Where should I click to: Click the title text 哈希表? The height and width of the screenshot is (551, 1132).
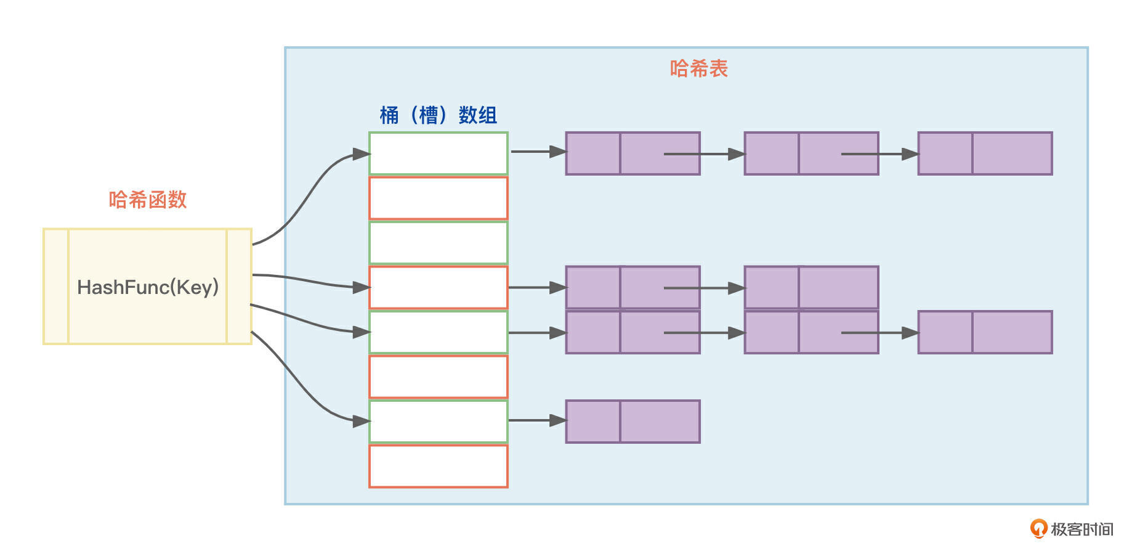[x=698, y=68]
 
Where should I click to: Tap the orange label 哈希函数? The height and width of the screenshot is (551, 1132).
[x=148, y=200]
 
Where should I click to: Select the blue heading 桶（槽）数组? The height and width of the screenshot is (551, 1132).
[x=438, y=115]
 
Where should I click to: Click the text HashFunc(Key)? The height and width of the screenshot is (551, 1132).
[x=148, y=287]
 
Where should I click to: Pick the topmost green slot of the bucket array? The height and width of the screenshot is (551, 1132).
[x=438, y=153]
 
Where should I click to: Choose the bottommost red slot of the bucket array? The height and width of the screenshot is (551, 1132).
[x=438, y=466]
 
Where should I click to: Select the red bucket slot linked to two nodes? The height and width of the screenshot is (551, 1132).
[x=438, y=287]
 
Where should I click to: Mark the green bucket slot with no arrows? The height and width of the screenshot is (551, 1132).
[x=438, y=243]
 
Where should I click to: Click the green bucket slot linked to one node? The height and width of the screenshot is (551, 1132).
[x=438, y=422]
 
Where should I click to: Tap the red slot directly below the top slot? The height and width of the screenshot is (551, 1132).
[x=438, y=198]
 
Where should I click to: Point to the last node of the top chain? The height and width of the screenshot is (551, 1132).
[x=985, y=153]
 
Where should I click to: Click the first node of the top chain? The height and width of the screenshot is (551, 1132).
[x=633, y=153]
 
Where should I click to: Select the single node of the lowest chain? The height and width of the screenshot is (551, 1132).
[x=633, y=422]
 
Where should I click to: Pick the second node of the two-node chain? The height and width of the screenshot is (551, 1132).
[x=811, y=287]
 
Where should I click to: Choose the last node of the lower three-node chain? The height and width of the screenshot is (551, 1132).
[x=985, y=332]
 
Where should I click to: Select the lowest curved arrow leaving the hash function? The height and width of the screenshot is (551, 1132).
[x=302, y=388]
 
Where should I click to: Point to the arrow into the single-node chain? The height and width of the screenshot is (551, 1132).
[x=536, y=420]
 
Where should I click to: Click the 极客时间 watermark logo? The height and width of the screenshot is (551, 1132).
[x=1072, y=529]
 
